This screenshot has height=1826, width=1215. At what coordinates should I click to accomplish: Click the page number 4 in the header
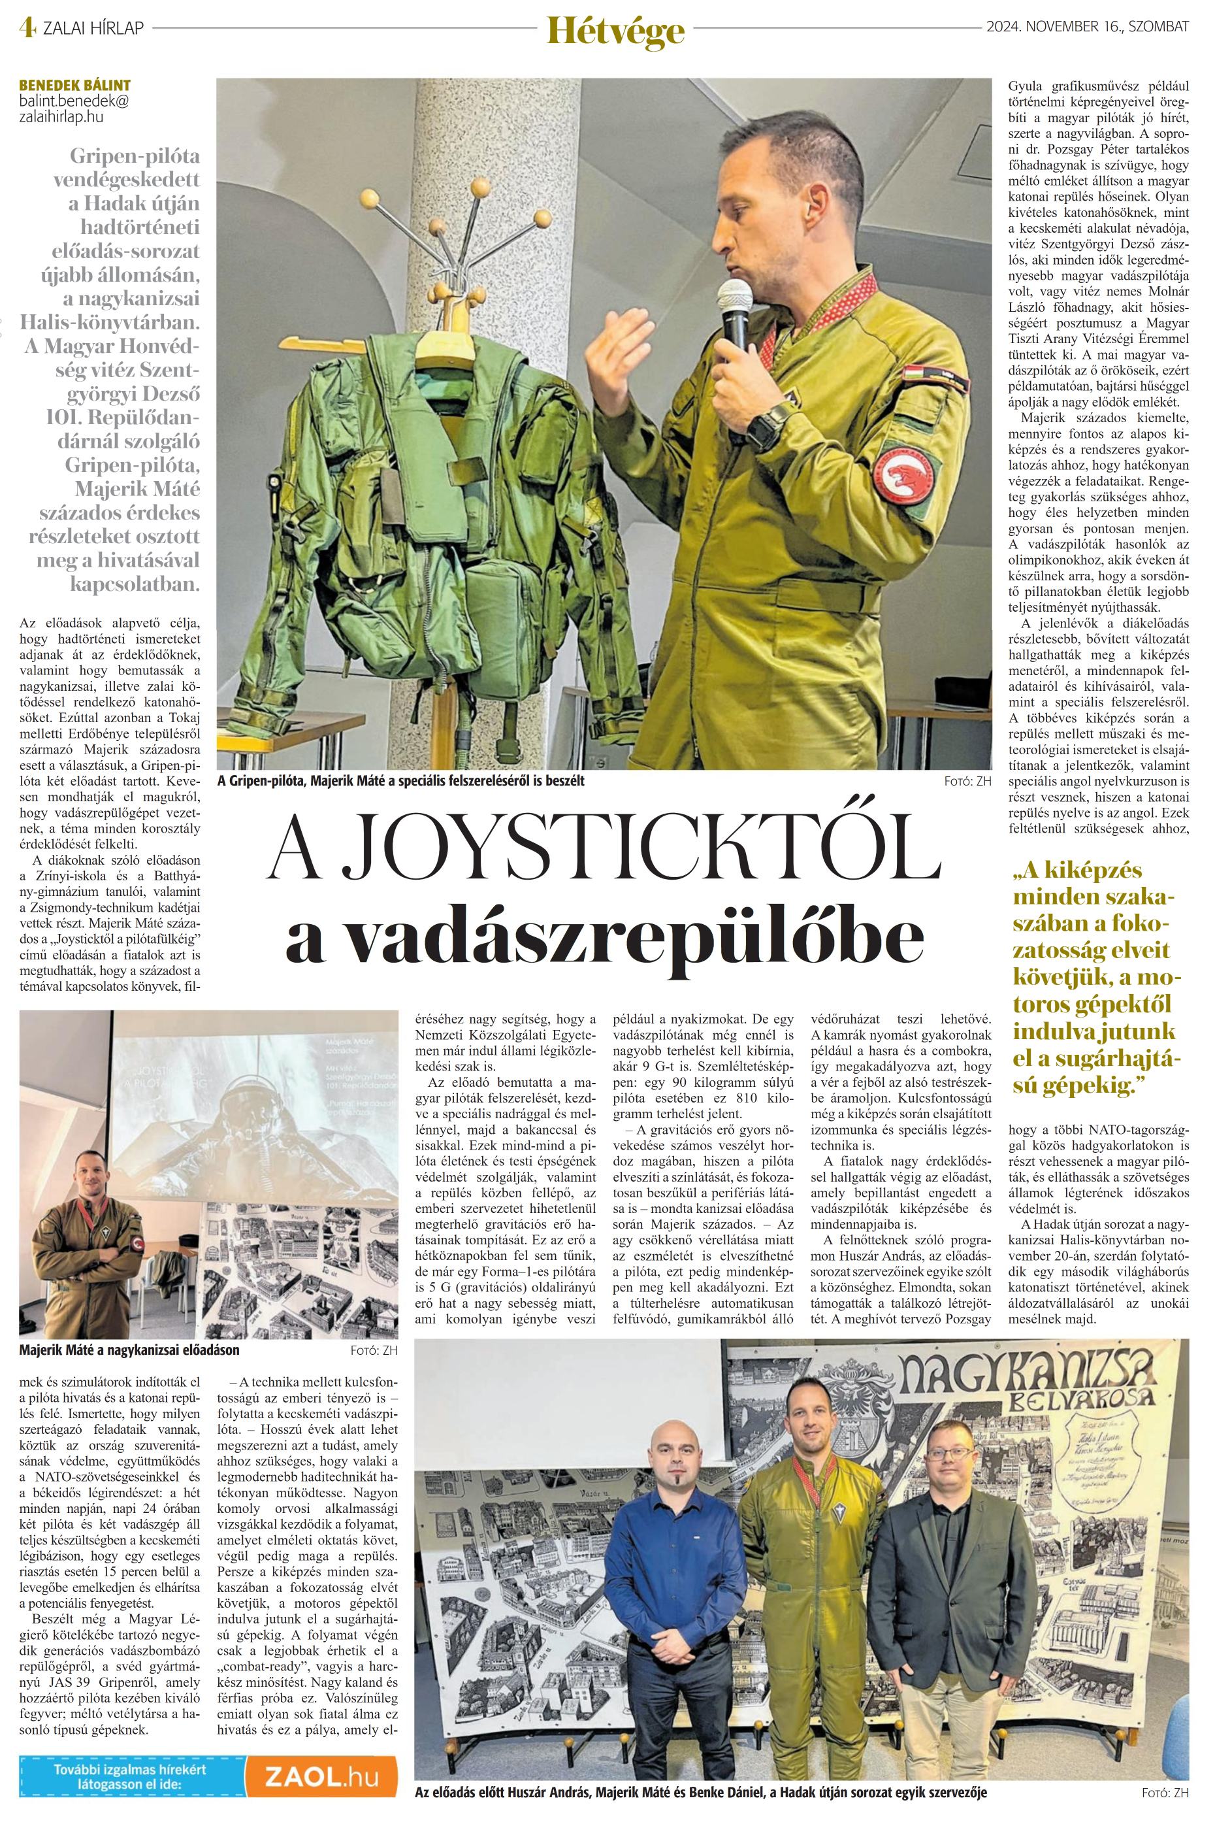[29, 28]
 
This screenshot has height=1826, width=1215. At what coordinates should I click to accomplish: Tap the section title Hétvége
[615, 30]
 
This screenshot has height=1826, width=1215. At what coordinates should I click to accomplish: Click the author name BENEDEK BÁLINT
[74, 85]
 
